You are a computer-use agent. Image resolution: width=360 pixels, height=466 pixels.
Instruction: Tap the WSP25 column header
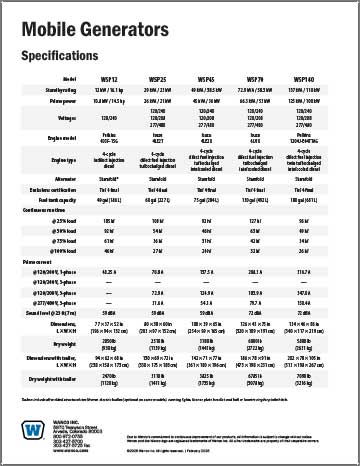pyautogui.click(x=155, y=77)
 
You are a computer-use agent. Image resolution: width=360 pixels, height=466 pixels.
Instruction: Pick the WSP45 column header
pyautogui.click(x=206, y=77)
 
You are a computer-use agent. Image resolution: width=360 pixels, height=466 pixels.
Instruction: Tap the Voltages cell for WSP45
pyautogui.click(x=206, y=116)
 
